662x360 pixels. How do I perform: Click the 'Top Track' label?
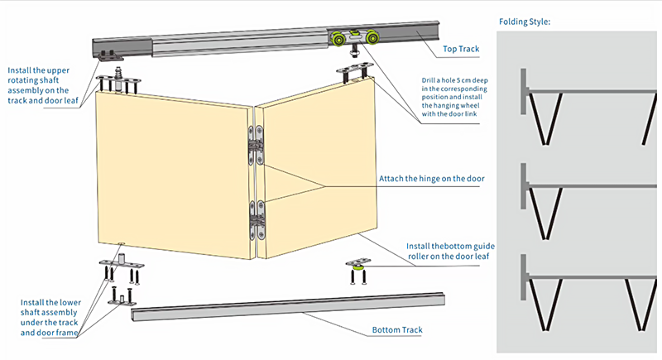click(462, 50)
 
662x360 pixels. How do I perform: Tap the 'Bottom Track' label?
click(397, 330)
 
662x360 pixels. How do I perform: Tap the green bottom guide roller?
click(357, 266)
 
